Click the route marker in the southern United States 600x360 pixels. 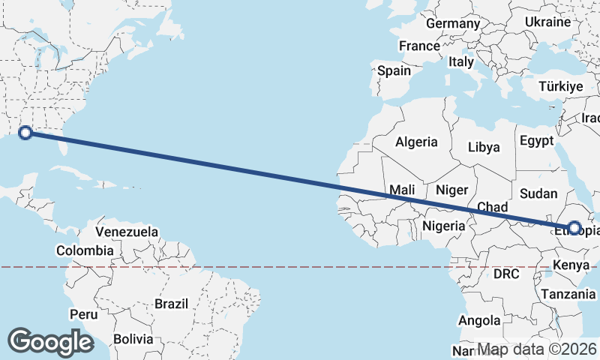pyautogui.click(x=25, y=133)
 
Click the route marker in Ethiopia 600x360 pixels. pyautogui.click(x=575, y=227)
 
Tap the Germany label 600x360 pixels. pyautogui.click(x=452, y=23)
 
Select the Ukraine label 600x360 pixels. pyautogui.click(x=548, y=22)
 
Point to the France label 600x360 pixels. pyautogui.click(x=419, y=46)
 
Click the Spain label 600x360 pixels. pyautogui.click(x=394, y=71)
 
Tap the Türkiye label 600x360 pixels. pyautogui.click(x=561, y=87)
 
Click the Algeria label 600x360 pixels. pyautogui.click(x=416, y=142)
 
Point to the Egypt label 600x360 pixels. pyautogui.click(x=536, y=141)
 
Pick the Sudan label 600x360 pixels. pyautogui.click(x=538, y=193)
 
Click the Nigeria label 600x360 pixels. pyautogui.click(x=445, y=226)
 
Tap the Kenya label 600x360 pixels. pyautogui.click(x=571, y=265)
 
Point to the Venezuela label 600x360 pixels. pyautogui.click(x=127, y=232)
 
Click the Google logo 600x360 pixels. pyautogui.click(x=50, y=342)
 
